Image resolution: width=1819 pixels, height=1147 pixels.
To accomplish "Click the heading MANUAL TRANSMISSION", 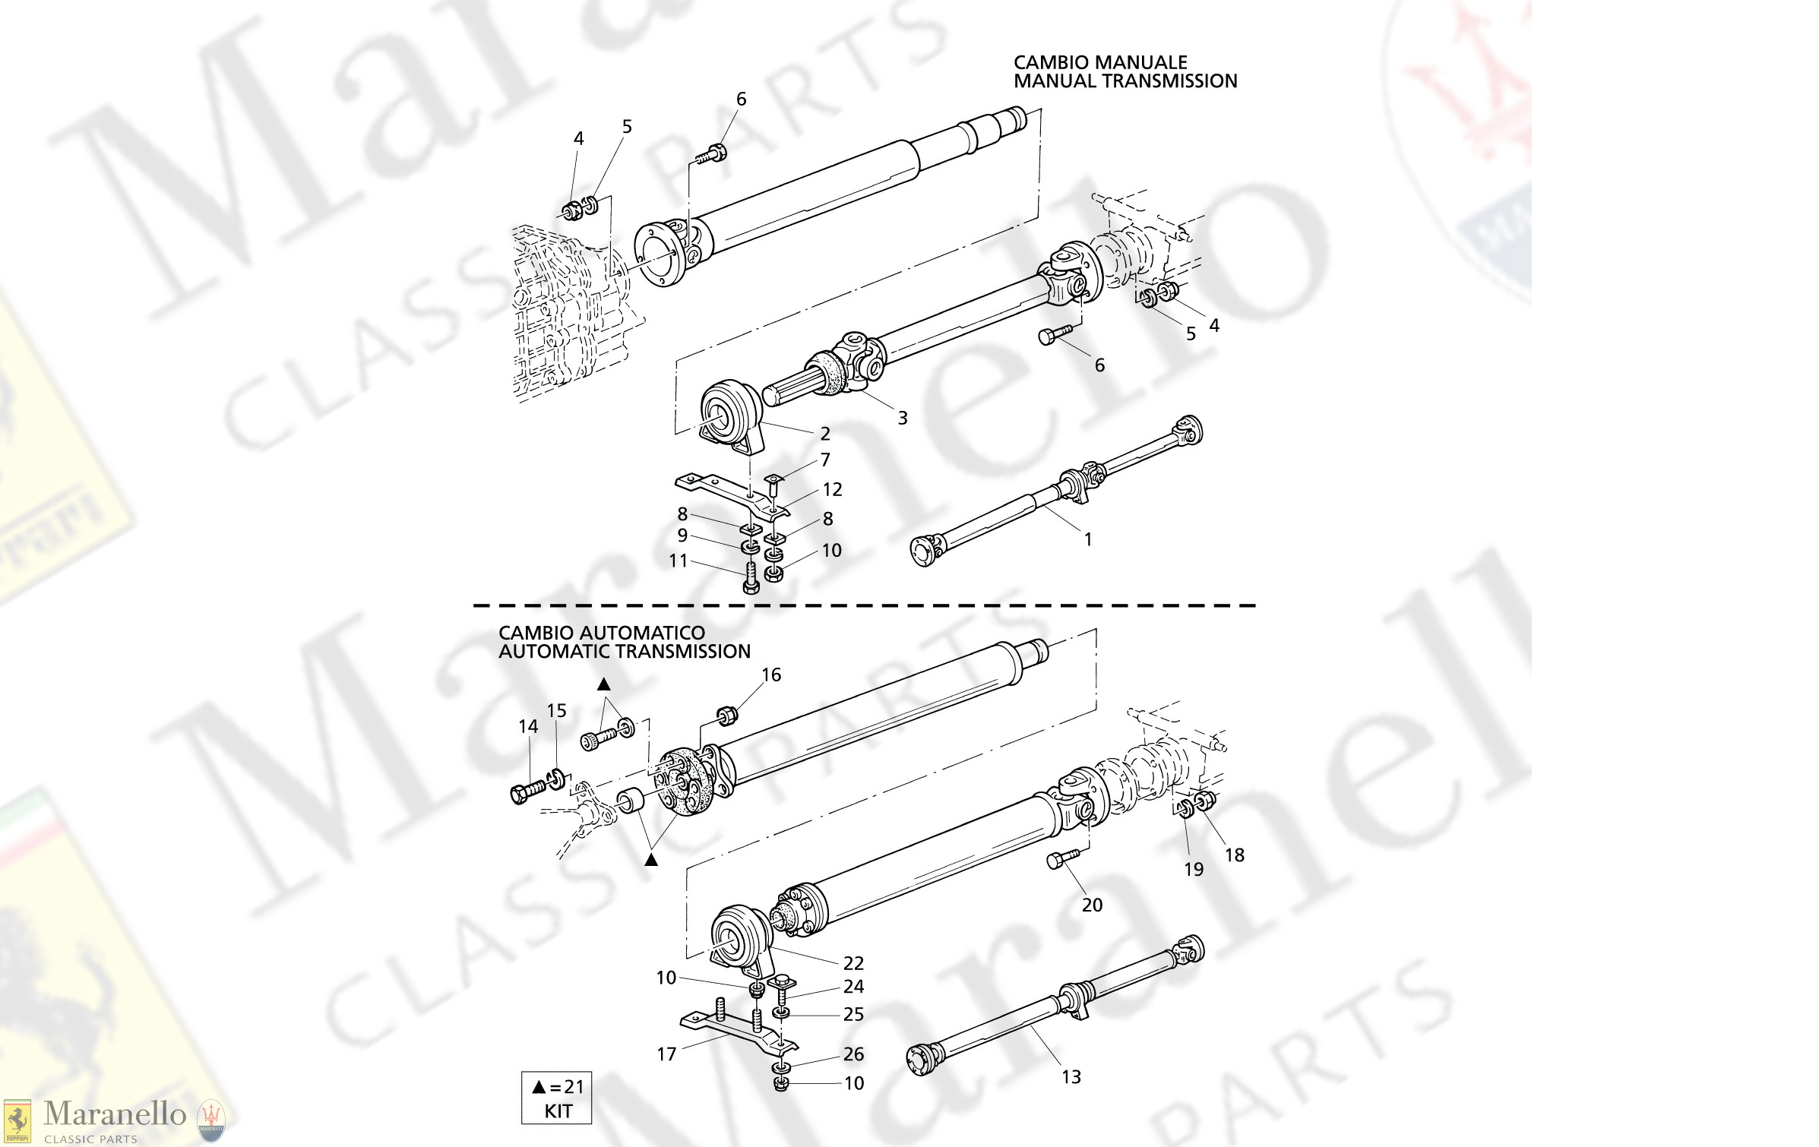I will [x=1125, y=81].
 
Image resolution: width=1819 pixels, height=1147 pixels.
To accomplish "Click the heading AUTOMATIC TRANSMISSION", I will [x=624, y=652].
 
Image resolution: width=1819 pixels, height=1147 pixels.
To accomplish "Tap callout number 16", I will [x=771, y=675].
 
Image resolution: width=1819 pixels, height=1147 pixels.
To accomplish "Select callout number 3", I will [x=903, y=418].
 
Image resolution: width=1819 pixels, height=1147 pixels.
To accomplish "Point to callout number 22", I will [x=853, y=963].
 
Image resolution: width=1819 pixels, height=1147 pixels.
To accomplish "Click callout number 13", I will [x=1071, y=1077].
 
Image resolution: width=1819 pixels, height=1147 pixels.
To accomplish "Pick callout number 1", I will [x=1088, y=539].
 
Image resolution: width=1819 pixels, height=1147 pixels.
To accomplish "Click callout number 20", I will [x=1092, y=905].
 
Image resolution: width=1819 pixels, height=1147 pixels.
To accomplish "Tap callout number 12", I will [x=833, y=490].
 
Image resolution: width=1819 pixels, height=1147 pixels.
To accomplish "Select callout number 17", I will [x=666, y=1054].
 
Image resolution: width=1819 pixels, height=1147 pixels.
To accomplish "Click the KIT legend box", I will [x=557, y=1098].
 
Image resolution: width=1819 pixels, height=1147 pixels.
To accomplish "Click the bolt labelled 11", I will [x=751, y=577].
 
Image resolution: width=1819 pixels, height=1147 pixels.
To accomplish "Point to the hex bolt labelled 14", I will [x=528, y=792].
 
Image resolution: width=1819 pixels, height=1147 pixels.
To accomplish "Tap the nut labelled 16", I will [x=726, y=715].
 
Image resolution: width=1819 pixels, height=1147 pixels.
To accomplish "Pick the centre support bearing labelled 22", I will [x=741, y=938].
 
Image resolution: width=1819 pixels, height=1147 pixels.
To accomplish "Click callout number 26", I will [x=853, y=1054].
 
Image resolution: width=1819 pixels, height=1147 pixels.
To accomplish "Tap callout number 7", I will [x=825, y=460].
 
